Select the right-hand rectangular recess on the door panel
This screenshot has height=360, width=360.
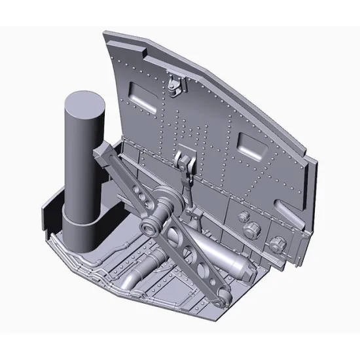tap(252, 145)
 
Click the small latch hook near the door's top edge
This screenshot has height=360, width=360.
tap(173, 83)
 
